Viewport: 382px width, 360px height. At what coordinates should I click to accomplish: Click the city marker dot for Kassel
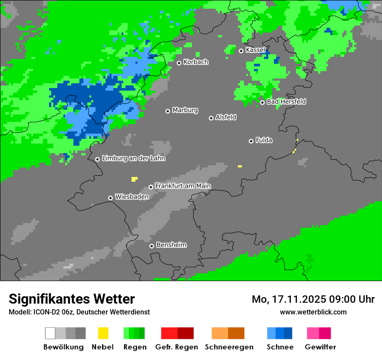(241, 51)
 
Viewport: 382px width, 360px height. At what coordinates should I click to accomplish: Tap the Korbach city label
(196, 62)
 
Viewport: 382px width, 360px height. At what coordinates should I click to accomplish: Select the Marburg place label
(185, 110)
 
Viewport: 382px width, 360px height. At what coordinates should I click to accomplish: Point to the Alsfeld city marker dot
(211, 118)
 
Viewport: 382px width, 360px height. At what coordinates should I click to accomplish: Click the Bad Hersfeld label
(286, 101)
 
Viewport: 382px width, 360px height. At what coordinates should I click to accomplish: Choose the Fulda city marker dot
(251, 141)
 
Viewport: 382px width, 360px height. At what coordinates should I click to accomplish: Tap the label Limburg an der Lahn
(133, 158)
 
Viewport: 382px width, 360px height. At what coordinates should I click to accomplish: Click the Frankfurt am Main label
(183, 186)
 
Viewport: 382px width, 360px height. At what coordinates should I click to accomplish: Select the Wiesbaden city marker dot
(111, 198)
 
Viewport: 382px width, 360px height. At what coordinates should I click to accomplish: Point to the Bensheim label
(171, 245)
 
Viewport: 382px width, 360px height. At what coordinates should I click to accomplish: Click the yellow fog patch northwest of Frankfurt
(134, 179)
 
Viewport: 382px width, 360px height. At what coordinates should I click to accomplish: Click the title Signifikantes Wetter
(72, 299)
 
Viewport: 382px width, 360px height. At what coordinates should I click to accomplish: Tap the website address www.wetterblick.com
(313, 312)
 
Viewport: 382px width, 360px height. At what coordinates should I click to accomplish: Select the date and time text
(313, 299)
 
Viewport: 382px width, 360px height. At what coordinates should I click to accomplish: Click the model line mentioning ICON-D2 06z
(79, 312)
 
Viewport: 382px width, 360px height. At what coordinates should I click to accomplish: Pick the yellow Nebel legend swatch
(103, 333)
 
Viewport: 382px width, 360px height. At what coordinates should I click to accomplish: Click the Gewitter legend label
(320, 347)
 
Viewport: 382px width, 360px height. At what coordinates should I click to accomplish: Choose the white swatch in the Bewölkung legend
(50, 333)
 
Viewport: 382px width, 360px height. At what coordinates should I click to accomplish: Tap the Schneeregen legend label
(229, 347)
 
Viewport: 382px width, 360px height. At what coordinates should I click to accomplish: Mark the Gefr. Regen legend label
(177, 347)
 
